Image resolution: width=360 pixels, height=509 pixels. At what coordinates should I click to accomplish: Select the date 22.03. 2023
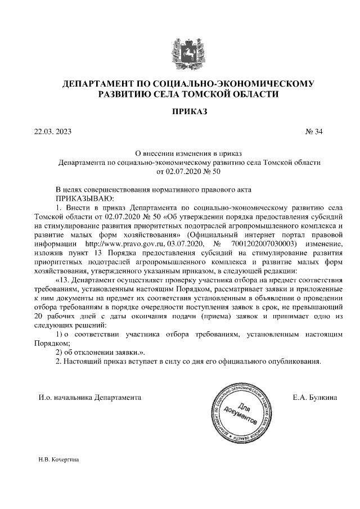point(53,133)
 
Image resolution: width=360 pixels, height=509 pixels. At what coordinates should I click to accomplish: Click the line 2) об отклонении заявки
point(96,352)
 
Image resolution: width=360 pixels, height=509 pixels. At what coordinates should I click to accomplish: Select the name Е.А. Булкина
point(314,398)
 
